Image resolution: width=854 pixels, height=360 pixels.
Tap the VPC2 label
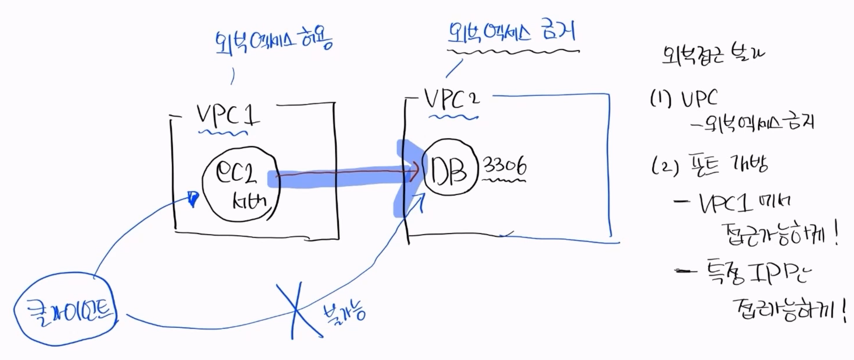pyautogui.click(x=451, y=100)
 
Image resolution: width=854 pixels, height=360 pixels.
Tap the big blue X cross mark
pyautogui.click(x=301, y=310)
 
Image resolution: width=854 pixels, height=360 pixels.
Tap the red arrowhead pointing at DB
pyautogui.click(x=414, y=173)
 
